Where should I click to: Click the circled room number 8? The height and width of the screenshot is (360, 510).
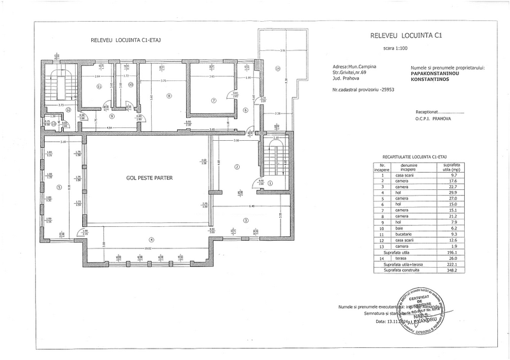(169, 96)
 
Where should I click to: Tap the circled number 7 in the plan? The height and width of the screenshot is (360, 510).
(214, 100)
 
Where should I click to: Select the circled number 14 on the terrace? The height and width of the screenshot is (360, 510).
(277, 68)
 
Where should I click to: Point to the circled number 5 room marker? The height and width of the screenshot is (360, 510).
(59, 187)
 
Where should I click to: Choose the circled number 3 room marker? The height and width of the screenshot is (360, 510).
(245, 220)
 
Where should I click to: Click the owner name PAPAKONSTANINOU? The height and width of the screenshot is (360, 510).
(441, 73)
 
